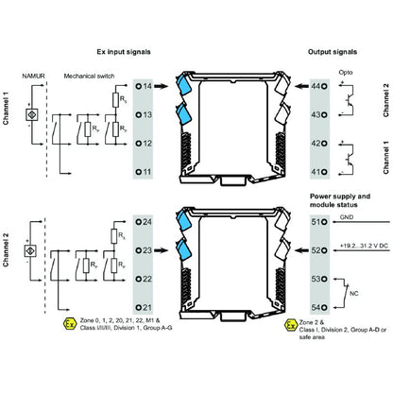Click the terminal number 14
[148, 86]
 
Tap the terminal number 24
[148, 224]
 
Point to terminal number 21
[148, 309]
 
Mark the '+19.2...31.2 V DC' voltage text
[356, 244]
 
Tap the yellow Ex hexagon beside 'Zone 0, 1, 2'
[69, 325]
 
